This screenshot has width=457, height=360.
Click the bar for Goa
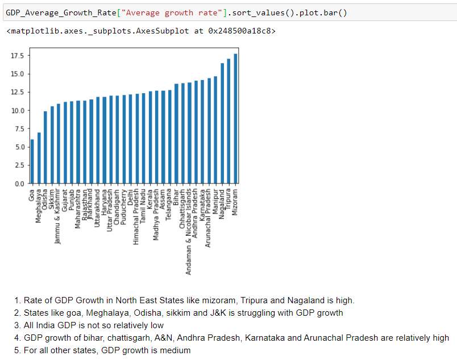pos(32,162)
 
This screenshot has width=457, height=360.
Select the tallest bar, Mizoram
pos(235,119)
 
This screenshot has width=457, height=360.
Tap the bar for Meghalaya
pos(39,158)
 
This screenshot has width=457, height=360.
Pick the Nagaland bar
pos(222,124)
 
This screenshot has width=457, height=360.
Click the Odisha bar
pos(45,148)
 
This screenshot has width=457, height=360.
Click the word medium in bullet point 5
pos(176,350)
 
